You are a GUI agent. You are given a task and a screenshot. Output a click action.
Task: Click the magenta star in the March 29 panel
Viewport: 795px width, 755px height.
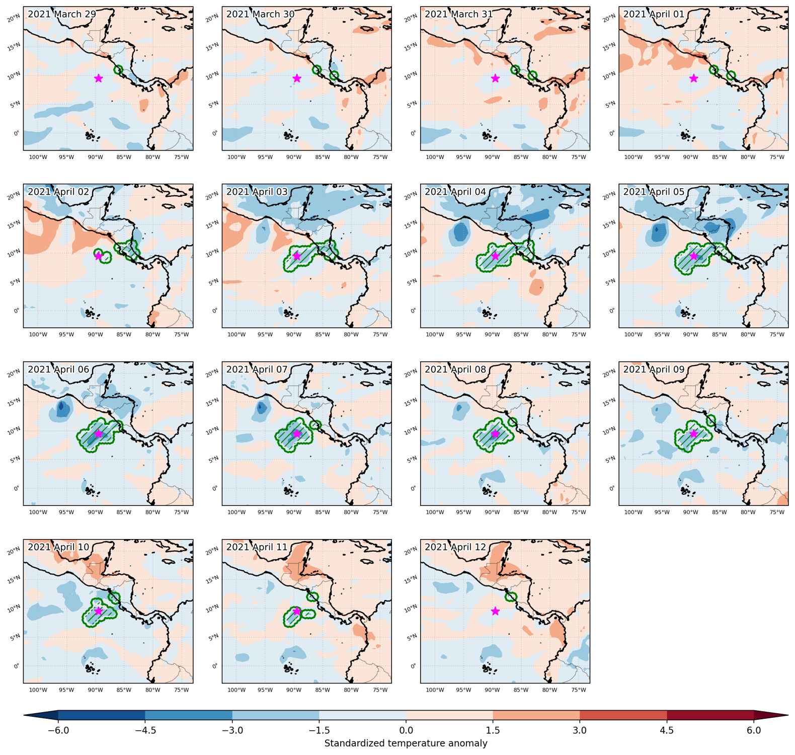pyautogui.click(x=98, y=78)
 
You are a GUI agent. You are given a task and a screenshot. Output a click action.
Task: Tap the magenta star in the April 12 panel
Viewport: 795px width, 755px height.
pyautogui.click(x=495, y=611)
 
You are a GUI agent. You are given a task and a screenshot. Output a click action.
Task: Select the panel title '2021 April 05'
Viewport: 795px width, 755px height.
pyautogui.click(x=654, y=192)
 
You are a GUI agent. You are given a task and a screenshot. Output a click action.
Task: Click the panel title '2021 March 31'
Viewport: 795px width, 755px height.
pyautogui.click(x=458, y=14)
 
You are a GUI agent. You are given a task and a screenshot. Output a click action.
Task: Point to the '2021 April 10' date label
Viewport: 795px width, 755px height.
pyautogui.click(x=58, y=547)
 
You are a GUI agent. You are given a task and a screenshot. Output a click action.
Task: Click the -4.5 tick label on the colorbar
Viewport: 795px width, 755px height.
pyautogui.click(x=145, y=730)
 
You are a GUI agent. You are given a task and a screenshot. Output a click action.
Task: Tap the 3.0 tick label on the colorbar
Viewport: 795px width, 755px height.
pyautogui.click(x=580, y=730)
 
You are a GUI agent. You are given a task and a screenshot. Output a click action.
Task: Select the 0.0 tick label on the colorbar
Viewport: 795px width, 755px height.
pyautogui.click(x=406, y=730)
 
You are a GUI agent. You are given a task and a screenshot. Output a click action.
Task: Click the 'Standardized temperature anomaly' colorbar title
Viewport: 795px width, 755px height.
pyautogui.click(x=406, y=743)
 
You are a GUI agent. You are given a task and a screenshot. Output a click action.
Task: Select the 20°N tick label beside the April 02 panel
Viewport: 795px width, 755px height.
pyautogui.click(x=14, y=196)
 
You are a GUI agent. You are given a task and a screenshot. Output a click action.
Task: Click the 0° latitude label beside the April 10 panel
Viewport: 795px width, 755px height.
pyautogui.click(x=17, y=666)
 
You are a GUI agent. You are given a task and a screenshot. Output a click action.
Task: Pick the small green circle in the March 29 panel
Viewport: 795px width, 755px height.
pyautogui.click(x=119, y=69)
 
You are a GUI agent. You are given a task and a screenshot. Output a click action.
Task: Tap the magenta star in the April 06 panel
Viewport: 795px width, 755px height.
pyautogui.click(x=98, y=433)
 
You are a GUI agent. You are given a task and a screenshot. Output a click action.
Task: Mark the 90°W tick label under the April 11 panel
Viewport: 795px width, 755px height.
pyautogui.click(x=294, y=690)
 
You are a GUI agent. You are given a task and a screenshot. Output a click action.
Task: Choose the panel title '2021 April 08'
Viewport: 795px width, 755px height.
pyautogui.click(x=455, y=369)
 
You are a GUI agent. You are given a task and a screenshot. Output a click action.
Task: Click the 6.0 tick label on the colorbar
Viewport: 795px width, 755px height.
pyautogui.click(x=754, y=730)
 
